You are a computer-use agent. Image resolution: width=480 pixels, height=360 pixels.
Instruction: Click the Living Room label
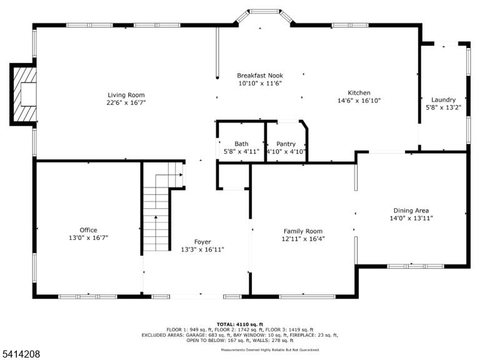pos(126,95)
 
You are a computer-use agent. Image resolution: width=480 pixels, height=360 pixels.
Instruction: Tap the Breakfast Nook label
pos(260,75)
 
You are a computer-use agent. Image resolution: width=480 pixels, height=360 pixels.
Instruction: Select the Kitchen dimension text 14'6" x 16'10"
pos(359,101)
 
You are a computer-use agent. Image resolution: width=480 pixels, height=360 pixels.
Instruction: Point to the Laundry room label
pos(444,99)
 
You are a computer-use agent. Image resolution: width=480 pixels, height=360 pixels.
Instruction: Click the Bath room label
pos(241,144)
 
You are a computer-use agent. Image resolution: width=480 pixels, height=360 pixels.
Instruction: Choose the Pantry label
pos(286,144)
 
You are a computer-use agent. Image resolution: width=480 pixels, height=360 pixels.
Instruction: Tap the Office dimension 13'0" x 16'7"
pos(89,237)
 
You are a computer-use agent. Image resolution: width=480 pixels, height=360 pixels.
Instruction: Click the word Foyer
pos(202,242)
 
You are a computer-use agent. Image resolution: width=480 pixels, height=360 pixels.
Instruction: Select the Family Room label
pos(303,231)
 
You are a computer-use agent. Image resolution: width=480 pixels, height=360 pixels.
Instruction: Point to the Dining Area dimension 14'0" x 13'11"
pos(411,218)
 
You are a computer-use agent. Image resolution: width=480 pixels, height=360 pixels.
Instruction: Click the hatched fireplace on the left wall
pos(23,94)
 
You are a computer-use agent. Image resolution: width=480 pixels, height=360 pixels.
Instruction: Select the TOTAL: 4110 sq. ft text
pos(240,324)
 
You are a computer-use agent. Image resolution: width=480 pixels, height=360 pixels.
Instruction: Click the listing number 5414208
pos(20,354)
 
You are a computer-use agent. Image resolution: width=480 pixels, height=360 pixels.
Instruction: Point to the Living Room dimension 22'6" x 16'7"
pos(126,102)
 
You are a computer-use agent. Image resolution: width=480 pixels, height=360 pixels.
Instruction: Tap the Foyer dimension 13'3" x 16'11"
pos(202,249)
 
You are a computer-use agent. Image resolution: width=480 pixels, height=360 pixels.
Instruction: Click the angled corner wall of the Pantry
pos(303,124)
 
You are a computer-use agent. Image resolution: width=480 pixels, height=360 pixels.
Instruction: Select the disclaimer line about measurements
pos(270,349)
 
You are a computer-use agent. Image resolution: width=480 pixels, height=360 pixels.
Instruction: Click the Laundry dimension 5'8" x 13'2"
pos(444,107)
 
